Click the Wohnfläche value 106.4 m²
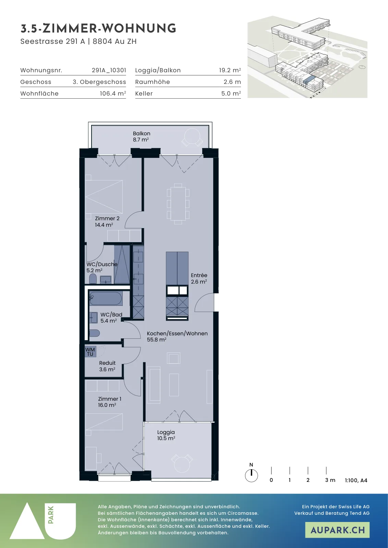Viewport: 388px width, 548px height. (x=113, y=93)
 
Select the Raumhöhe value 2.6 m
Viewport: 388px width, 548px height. (x=232, y=82)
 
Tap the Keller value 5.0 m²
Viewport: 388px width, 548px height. (x=231, y=93)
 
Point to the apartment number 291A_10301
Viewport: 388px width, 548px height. (x=109, y=70)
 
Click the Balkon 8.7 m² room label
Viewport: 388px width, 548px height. (x=142, y=137)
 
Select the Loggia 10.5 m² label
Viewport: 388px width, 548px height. (x=166, y=435)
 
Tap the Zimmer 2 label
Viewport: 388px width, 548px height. (x=107, y=218)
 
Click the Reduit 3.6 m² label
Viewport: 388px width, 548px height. (x=107, y=366)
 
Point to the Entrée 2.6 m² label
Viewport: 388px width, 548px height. (x=199, y=278)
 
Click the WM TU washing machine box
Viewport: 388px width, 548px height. (x=90, y=352)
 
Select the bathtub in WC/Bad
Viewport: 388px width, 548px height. (x=106, y=298)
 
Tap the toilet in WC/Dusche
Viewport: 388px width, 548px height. (x=93, y=279)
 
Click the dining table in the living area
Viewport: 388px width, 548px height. (x=178, y=204)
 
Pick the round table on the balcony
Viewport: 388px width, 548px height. (x=192, y=137)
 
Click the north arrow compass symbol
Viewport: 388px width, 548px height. (x=251, y=476)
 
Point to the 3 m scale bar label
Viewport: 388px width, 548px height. (x=330, y=480)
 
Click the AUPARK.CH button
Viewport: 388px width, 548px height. (x=337, y=530)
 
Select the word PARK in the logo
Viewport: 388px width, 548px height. (x=51, y=515)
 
